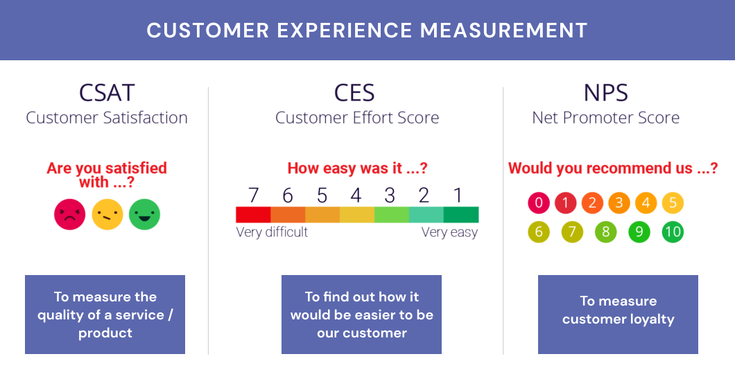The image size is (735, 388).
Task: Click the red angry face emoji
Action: point(69,214)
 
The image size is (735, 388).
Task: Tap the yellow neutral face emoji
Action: point(107,214)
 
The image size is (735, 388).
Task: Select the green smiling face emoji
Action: point(145,214)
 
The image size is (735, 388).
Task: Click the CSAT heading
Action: point(107,92)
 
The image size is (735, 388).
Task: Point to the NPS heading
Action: point(605,92)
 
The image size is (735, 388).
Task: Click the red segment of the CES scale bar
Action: point(253,214)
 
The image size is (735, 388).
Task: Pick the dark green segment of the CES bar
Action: point(461,214)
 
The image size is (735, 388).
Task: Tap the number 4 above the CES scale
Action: point(356,195)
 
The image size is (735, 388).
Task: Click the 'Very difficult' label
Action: point(272,232)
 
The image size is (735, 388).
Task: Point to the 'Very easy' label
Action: point(449,232)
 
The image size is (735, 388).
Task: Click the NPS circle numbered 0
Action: point(539,203)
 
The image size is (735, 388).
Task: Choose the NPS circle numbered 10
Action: point(672,231)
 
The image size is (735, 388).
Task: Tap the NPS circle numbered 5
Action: point(673,203)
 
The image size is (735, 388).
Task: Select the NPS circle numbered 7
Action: point(572,231)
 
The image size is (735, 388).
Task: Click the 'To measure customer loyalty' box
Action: point(618,315)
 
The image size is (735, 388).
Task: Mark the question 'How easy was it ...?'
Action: point(357,168)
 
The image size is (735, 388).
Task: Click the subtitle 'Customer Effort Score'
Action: point(357,118)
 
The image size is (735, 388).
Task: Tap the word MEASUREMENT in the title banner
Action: point(503,30)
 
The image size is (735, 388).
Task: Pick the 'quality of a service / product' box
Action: point(105,315)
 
